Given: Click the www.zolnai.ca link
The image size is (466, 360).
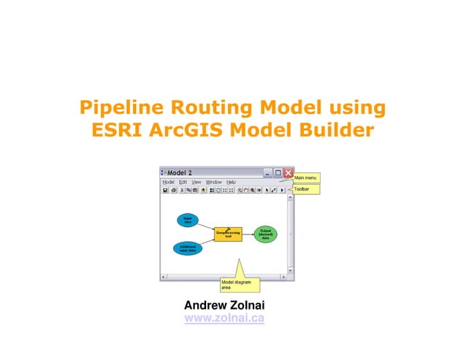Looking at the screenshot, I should pos(224,318).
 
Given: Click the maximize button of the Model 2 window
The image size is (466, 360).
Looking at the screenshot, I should pos(278,172).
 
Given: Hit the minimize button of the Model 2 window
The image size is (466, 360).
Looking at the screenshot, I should pos(268,172).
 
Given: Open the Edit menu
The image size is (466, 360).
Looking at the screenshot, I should pos(183,182).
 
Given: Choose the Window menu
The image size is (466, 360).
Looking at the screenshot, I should pos(213,182).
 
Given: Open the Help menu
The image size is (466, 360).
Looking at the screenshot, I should pos(231,182).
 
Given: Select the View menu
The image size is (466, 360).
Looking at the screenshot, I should pos(196,182).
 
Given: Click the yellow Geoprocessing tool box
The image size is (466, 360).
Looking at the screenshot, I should pos(228,235).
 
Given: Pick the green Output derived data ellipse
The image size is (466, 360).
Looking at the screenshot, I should pos(266,234).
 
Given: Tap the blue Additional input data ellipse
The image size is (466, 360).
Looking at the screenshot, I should pos(188,248).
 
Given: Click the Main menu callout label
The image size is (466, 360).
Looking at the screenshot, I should pos(305,177).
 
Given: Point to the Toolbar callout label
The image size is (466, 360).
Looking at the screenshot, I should pos(302,189).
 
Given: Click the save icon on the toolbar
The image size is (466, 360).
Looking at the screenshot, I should pos(166,190).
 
